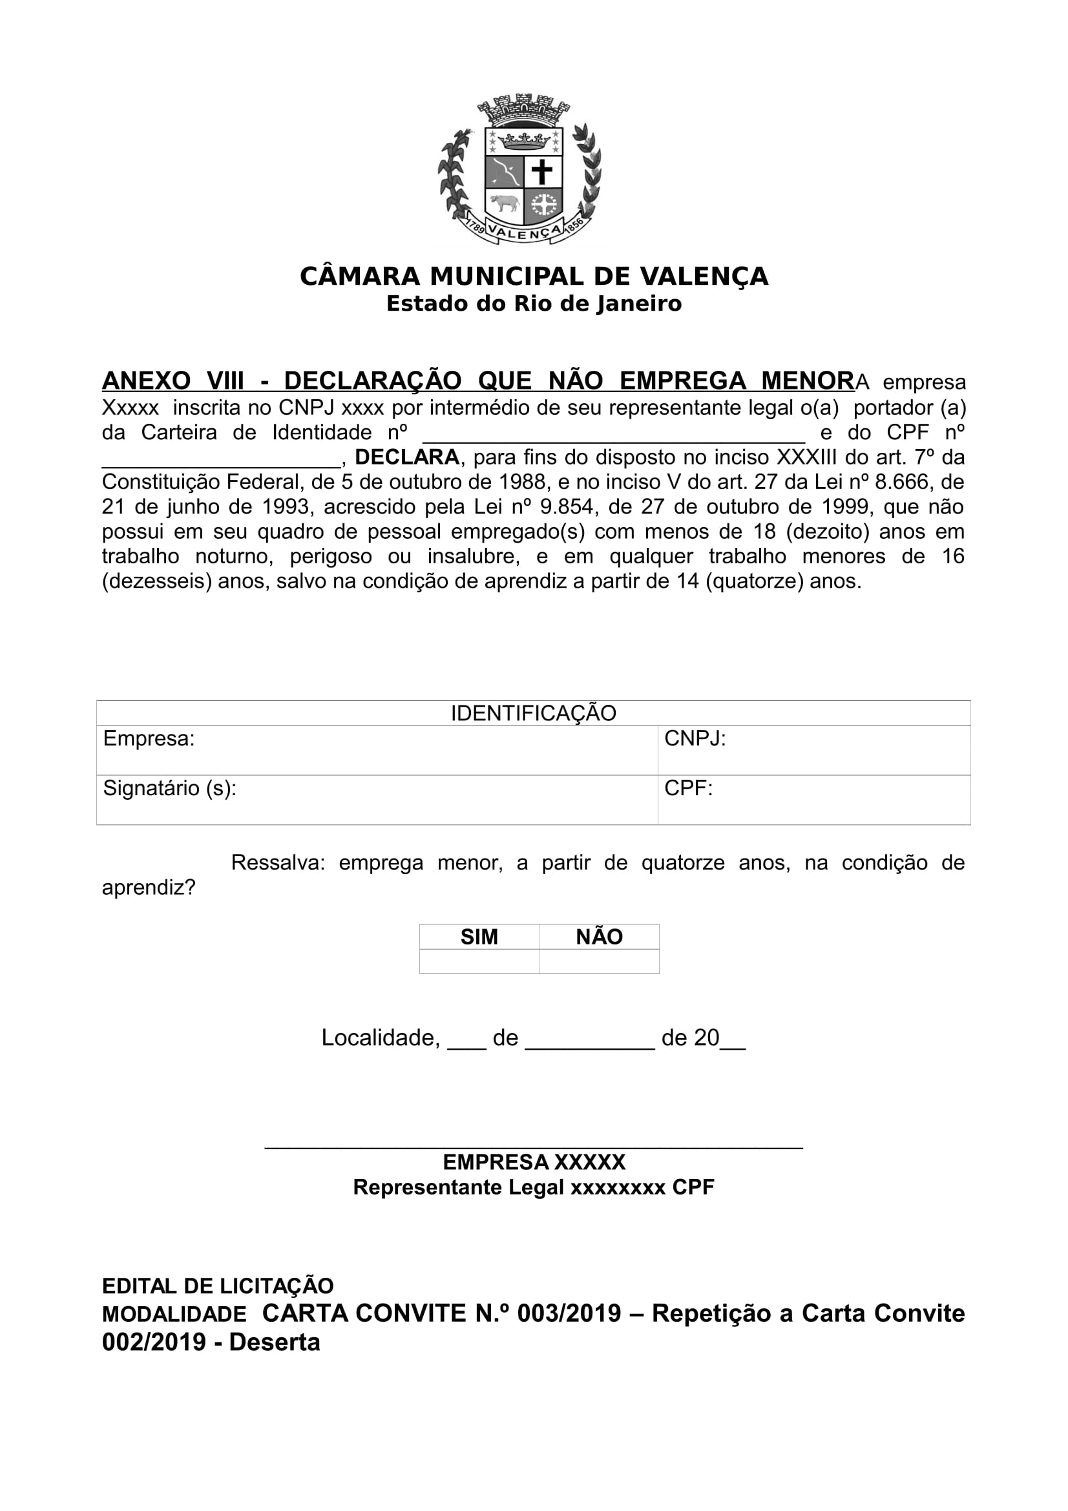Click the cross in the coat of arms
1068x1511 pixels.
pyautogui.click(x=542, y=172)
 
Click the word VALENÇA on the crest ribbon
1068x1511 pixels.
pyautogui.click(x=525, y=233)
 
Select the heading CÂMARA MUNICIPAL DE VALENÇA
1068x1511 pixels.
pyautogui.click(x=534, y=276)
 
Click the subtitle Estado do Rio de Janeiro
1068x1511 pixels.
pyautogui.click(x=534, y=304)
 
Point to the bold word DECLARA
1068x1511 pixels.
pyautogui.click(x=406, y=457)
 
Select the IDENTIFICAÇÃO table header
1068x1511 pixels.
pyautogui.click(x=533, y=713)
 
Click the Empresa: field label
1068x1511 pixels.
pyautogui.click(x=149, y=738)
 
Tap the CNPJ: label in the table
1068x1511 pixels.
pyautogui.click(x=695, y=738)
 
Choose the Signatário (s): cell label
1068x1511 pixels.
pyautogui.click(x=170, y=787)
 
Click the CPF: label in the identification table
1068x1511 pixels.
pyautogui.click(x=688, y=787)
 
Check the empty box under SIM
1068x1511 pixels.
pyautogui.click(x=479, y=961)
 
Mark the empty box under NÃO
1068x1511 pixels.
pyautogui.click(x=599, y=961)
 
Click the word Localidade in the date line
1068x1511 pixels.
pyautogui.click(x=381, y=1038)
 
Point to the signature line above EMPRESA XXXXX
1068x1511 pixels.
pyautogui.click(x=534, y=1148)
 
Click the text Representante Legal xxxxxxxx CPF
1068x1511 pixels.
pyautogui.click(x=534, y=1187)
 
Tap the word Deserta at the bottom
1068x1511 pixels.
pyautogui.click(x=275, y=1342)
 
